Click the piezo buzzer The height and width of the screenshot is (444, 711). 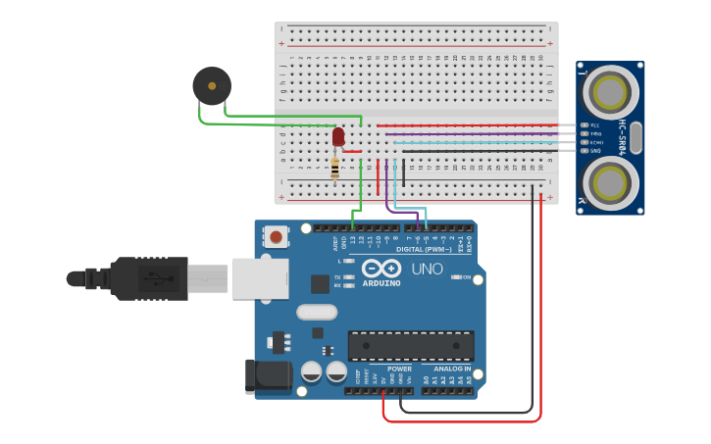(x=212, y=86)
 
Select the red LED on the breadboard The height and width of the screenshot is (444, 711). (x=338, y=136)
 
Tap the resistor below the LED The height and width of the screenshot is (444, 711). (x=335, y=169)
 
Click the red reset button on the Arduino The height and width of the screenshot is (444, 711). (x=277, y=236)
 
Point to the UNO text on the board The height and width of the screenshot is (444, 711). (x=427, y=269)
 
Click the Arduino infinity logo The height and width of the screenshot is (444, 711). (x=381, y=268)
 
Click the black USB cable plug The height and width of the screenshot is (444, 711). (x=147, y=278)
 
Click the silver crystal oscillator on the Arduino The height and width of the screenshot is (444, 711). (x=316, y=312)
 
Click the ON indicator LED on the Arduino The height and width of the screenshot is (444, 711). (x=456, y=277)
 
